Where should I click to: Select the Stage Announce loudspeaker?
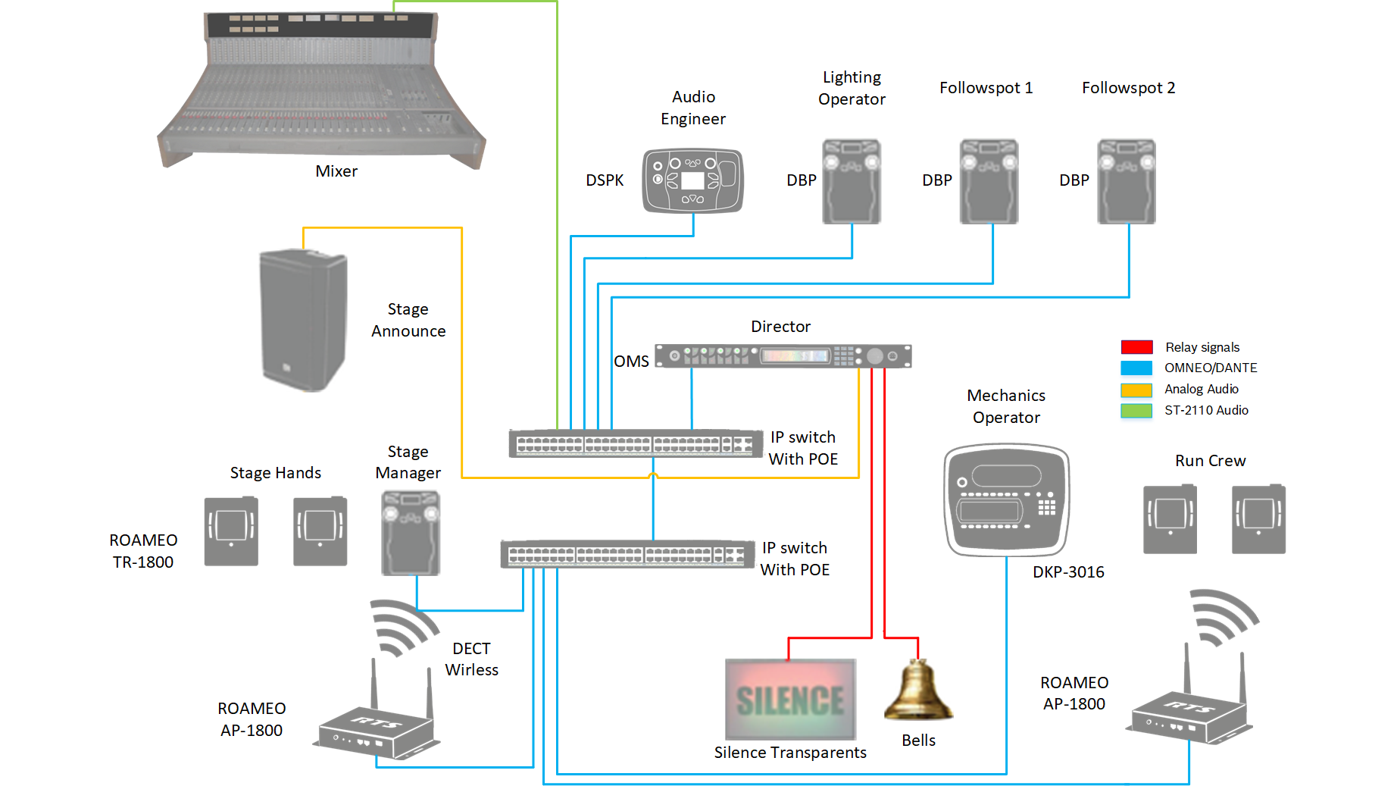pyautogui.click(x=304, y=320)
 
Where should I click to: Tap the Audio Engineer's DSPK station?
pyautogui.click(x=693, y=180)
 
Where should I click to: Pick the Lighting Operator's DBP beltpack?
pyautogui.click(x=852, y=181)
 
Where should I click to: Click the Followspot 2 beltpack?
pyautogui.click(x=1127, y=181)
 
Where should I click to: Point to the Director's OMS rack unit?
pyautogui.click(x=783, y=355)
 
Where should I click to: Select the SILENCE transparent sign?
pyautogui.click(x=790, y=699)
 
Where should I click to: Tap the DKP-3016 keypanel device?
pyautogui.click(x=1007, y=500)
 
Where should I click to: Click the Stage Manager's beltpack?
pyautogui.click(x=411, y=533)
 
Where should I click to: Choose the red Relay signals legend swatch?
pyautogui.click(x=1136, y=347)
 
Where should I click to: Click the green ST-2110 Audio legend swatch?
pyautogui.click(x=1136, y=411)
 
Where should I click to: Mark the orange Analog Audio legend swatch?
pyautogui.click(x=1136, y=390)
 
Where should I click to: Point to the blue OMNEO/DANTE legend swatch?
pyautogui.click(x=1136, y=368)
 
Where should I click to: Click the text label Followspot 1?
pyautogui.click(x=986, y=88)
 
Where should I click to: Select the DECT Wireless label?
pyautogui.click(x=471, y=659)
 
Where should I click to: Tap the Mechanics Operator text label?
pyautogui.click(x=1006, y=406)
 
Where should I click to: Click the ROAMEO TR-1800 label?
pyautogui.click(x=143, y=551)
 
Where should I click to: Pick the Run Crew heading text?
pyautogui.click(x=1210, y=461)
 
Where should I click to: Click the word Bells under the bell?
pyautogui.click(x=918, y=741)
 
